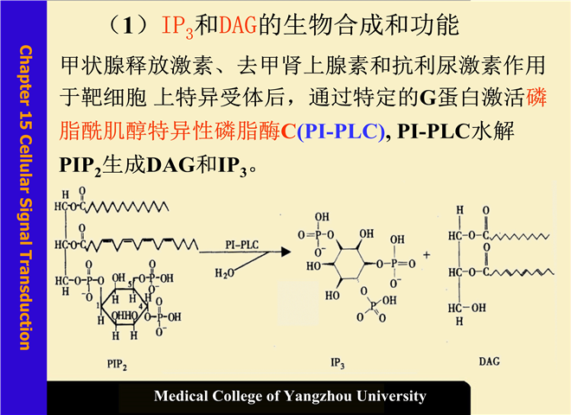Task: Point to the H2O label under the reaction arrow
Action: click(x=224, y=272)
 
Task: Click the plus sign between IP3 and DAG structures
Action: click(x=427, y=256)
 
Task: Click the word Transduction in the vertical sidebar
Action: click(x=24, y=302)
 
